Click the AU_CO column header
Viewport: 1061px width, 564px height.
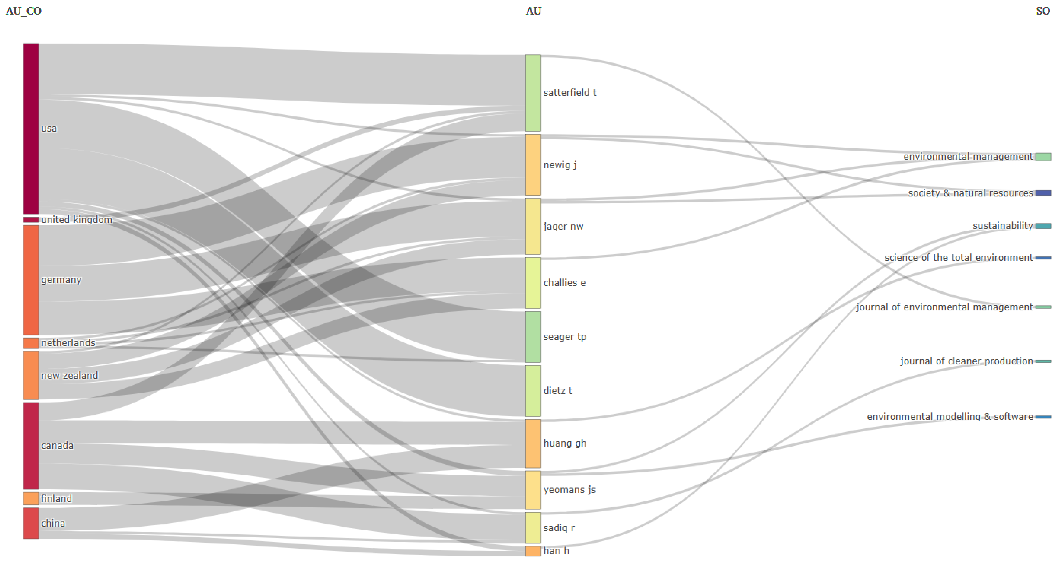[24, 11]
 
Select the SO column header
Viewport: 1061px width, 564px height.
[1043, 11]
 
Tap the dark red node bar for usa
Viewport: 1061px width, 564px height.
[31, 128]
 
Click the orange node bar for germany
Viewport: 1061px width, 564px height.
[31, 280]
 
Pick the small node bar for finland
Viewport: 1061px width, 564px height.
[31, 498]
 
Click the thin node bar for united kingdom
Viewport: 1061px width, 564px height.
[31, 220]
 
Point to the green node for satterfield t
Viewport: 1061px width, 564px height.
[533, 93]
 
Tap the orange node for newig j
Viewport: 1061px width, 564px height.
[533, 165]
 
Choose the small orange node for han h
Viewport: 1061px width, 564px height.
[533, 551]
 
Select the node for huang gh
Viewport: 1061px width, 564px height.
[533, 443]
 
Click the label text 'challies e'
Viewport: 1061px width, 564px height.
[564, 283]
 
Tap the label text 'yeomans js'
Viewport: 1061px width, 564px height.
[569, 490]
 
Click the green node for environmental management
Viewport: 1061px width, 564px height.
[1043, 157]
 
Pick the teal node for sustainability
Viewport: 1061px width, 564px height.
[1043, 226]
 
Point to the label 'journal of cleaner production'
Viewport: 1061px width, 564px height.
[966, 361]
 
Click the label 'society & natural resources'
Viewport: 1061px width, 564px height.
[970, 193]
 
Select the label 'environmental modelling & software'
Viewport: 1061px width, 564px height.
[950, 417]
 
